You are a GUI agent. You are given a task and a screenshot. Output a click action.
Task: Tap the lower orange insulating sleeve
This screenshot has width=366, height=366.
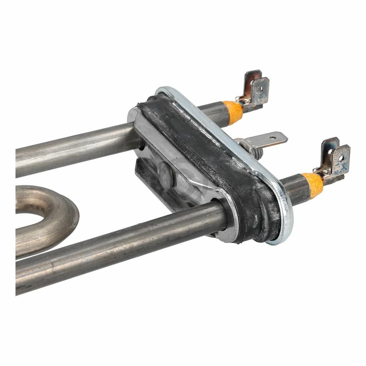tap(313, 184)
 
